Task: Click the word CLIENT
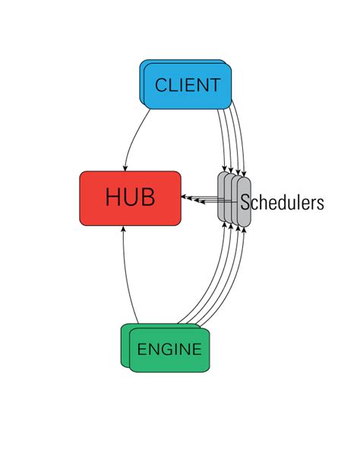188,85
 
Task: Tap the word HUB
130,198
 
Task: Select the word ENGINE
169,350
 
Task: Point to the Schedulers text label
283,203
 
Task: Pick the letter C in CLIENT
161,85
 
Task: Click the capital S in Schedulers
246,203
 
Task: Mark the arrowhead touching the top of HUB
124,167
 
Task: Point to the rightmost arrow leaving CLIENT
242,137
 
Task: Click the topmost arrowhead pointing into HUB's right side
185,195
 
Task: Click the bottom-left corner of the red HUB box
82,223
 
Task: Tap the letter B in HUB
147,198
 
